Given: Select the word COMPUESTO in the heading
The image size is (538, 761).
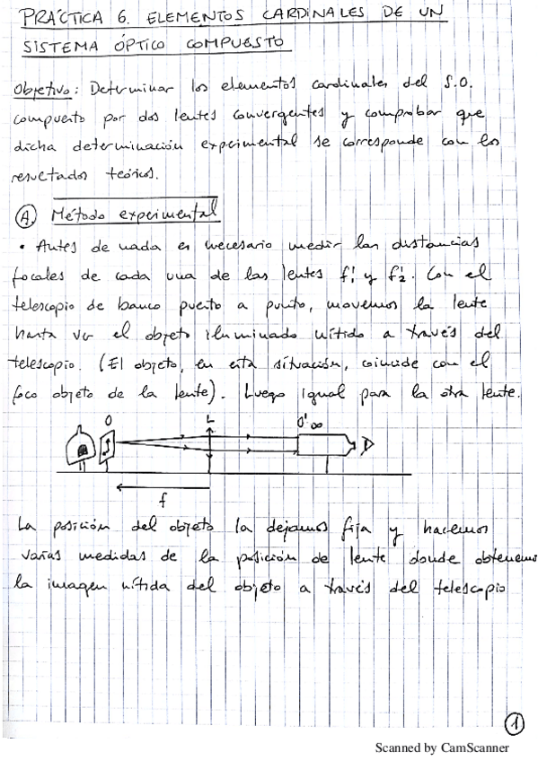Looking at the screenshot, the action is pos(234,42).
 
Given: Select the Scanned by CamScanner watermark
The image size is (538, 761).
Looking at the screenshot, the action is pos(441,747).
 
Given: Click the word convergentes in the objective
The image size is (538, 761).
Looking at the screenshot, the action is pos(269,118).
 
